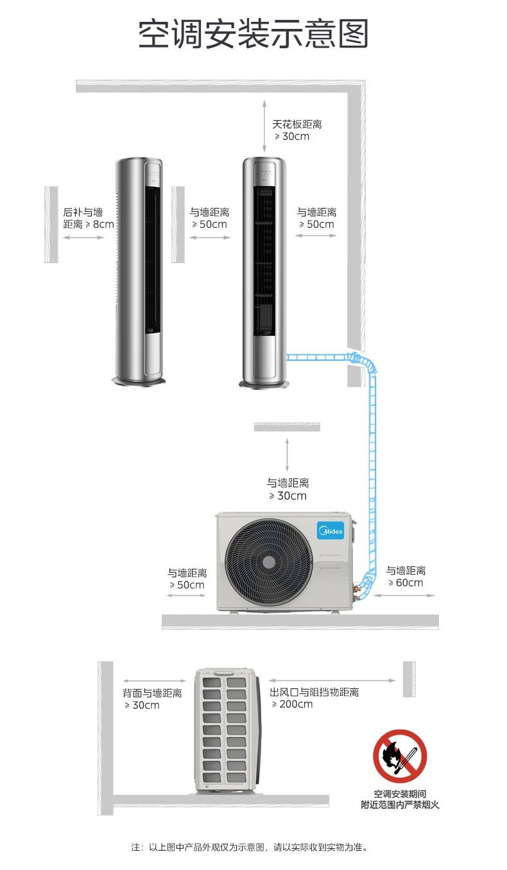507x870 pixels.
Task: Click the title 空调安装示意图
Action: pos(253,33)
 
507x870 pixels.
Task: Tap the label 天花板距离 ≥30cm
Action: pos(296,130)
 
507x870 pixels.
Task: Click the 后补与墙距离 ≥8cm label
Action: pos(88,218)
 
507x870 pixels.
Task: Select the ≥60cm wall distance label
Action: pos(406,577)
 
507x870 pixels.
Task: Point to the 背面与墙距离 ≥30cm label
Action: pos(152,699)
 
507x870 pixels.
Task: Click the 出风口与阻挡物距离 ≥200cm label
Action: pos(314,698)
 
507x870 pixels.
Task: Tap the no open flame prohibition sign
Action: pos(400,756)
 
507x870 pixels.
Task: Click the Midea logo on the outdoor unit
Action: pos(331,531)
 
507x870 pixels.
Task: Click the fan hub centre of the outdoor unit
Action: pos(269,561)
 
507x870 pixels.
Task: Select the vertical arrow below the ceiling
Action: pos(263,126)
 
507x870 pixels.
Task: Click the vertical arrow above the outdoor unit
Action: pos(287,454)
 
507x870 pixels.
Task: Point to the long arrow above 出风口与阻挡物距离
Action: pos(332,681)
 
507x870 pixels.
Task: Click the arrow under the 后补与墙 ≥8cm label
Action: pos(83,238)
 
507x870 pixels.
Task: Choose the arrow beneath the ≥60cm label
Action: pos(404,595)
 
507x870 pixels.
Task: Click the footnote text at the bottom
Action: pos(250,847)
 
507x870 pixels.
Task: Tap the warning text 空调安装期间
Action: pos(400,794)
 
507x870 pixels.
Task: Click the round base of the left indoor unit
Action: pos(139,381)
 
